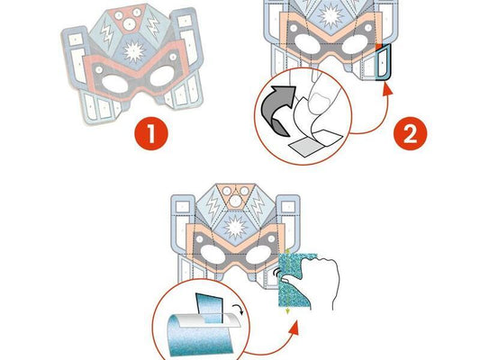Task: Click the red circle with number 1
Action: pyautogui.click(x=151, y=134)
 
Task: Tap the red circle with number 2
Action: pyautogui.click(x=410, y=134)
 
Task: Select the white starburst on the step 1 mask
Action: pyautogui.click(x=134, y=51)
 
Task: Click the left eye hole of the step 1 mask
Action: pyautogui.click(x=114, y=84)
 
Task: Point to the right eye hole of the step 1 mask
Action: pyautogui.click(x=162, y=76)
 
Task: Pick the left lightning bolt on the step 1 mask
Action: pyautogui.click(x=107, y=32)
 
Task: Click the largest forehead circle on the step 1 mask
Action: pyautogui.click(x=129, y=24)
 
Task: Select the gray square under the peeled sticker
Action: pyautogui.click(x=305, y=148)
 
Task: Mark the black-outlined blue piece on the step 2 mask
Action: pyautogui.click(x=384, y=62)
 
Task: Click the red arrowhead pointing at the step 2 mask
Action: pyautogui.click(x=388, y=89)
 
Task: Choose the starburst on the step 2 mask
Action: pyautogui.click(x=330, y=15)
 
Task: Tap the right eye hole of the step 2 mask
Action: pyautogui.click(x=356, y=44)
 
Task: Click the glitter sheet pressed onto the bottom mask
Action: pyautogui.click(x=294, y=281)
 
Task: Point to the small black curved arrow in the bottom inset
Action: pyautogui.click(x=239, y=310)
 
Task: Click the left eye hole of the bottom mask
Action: pyautogui.click(x=213, y=256)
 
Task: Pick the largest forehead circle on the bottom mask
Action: pyautogui.click(x=235, y=202)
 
